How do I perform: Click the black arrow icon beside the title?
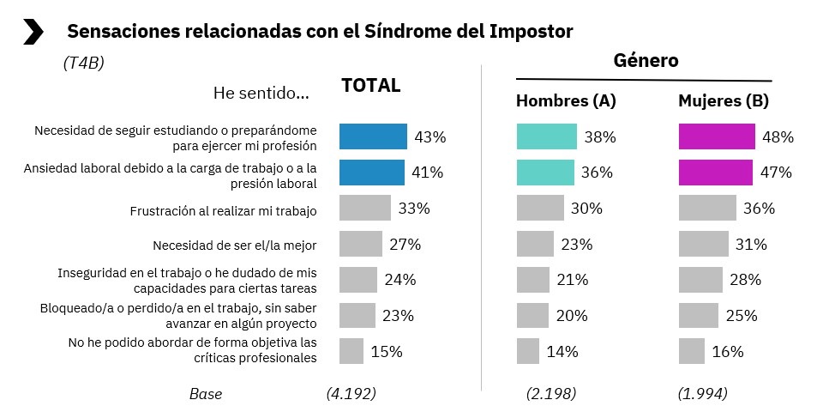coord(33,32)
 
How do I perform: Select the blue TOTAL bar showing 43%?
coord(373,136)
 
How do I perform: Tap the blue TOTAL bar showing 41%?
coord(371,173)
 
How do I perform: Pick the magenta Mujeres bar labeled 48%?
coord(716,136)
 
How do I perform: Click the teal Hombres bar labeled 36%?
coord(545,173)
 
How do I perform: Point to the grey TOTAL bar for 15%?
coord(351,351)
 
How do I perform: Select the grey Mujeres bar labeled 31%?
coord(703,244)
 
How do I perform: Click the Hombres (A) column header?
coord(565,101)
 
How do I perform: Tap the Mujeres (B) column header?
coord(723,101)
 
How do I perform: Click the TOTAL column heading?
coord(370,86)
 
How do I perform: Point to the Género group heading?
coord(646,60)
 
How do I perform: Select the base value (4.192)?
coord(351,394)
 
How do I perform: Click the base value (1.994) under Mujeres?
coord(702,394)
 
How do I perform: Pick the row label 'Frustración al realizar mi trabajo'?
coord(223,209)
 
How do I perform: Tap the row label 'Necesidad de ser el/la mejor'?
coord(234,245)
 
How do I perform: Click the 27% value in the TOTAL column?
coord(405,245)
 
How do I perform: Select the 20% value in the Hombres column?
coord(571,315)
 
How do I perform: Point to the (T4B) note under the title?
coord(83,63)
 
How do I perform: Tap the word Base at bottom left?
coord(205,394)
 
